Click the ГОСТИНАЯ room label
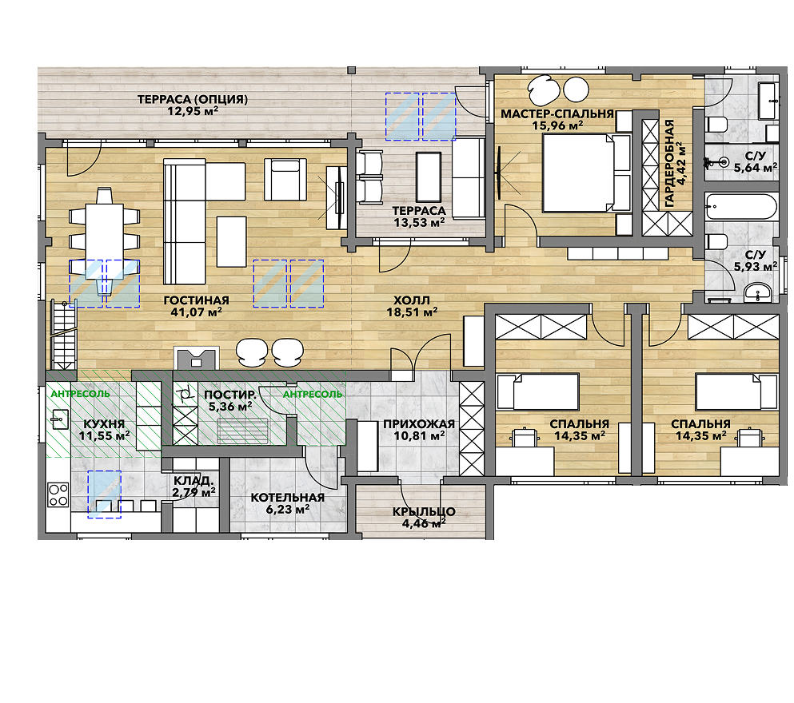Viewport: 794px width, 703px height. point(197,300)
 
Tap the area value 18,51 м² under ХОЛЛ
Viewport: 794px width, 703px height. point(412,312)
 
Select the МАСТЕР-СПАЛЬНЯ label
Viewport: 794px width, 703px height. point(557,113)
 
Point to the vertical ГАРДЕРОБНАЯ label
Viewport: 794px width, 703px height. point(669,163)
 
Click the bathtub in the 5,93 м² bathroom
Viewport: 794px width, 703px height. point(741,206)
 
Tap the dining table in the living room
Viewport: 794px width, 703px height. point(104,232)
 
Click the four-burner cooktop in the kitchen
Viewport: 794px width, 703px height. point(58,494)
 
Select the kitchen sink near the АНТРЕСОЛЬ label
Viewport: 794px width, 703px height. point(60,419)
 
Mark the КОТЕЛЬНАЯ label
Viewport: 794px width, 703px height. point(287,498)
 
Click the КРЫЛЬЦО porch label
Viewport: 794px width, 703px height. point(424,511)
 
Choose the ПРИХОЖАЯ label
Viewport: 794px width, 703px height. point(419,424)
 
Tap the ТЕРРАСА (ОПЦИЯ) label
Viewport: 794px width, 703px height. point(193,99)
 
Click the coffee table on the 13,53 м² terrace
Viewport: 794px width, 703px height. point(429,177)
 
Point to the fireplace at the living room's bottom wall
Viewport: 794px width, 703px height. point(197,358)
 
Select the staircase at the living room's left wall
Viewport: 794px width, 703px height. point(64,336)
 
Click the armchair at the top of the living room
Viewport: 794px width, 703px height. point(285,180)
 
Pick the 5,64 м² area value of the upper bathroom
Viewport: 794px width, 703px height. point(755,168)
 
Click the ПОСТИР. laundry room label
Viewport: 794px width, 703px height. point(230,395)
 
